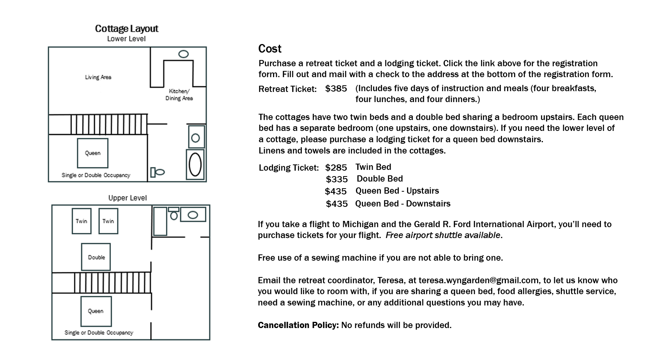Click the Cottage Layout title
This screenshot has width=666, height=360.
pos(127,28)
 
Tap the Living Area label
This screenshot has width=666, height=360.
pos(98,77)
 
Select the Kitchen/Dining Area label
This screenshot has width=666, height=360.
pos(179,95)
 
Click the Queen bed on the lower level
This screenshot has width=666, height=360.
pos(93,153)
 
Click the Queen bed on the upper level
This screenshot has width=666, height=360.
pos(96,311)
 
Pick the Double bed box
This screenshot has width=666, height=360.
pos(96,257)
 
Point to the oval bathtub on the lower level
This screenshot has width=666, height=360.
pos(195,164)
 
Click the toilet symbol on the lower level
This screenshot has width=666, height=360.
pos(158,172)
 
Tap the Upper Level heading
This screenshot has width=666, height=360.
pos(127,198)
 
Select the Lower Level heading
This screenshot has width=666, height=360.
pos(126,39)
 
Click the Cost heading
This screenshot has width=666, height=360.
pos(270,49)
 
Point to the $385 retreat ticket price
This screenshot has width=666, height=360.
pos(336,89)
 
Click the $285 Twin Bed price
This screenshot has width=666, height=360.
pos(336,168)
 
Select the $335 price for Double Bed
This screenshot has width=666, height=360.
pos(337,179)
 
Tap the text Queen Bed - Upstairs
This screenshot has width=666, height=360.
pos(397,191)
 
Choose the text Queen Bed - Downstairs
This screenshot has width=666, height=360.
pos(403,204)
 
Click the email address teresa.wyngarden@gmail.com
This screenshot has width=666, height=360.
pos(478,281)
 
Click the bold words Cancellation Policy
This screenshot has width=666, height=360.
pos(298,325)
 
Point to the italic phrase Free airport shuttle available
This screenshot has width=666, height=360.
pos(443,235)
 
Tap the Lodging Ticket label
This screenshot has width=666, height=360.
pos(289,168)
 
